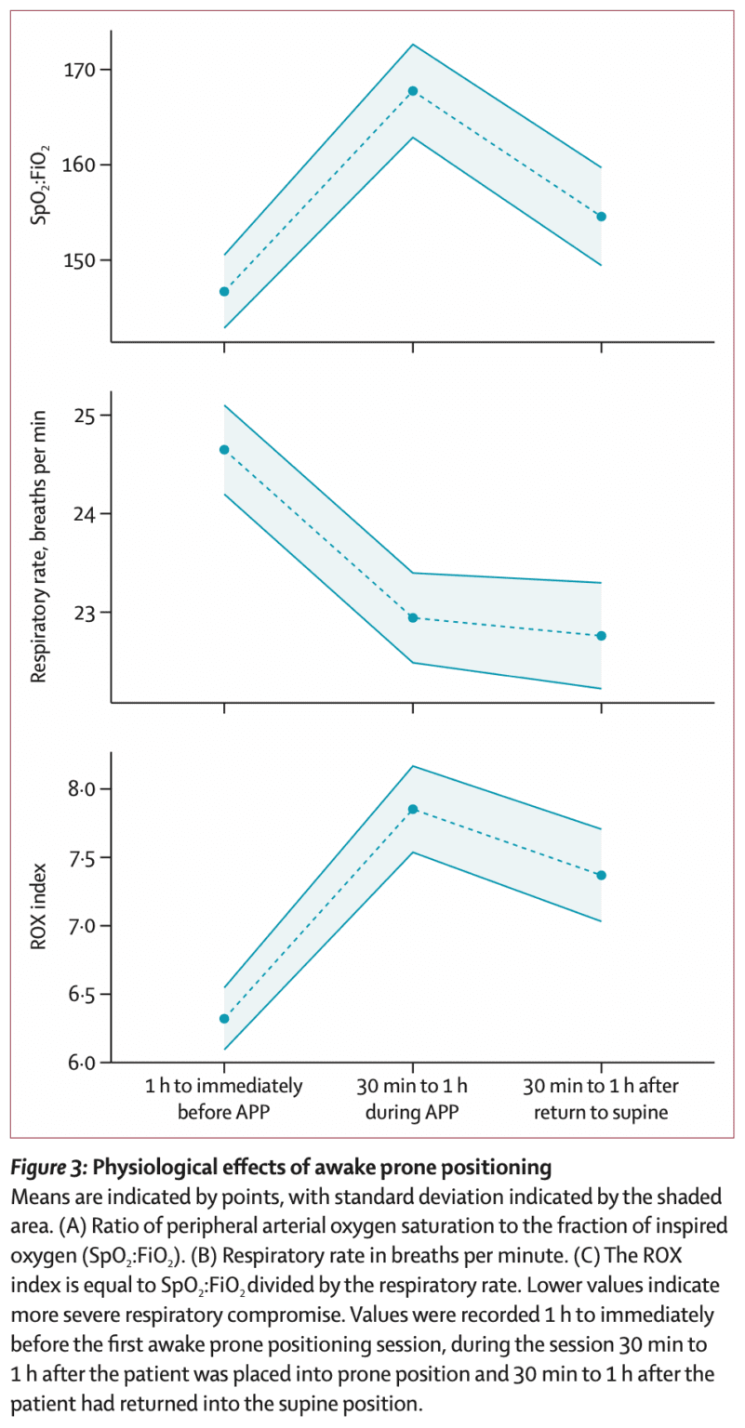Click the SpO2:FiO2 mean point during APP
pos(413,91)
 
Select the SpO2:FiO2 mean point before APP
pos(224,292)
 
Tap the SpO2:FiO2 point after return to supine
pos(601,217)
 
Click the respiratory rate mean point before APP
pos(224,450)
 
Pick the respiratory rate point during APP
pos(413,617)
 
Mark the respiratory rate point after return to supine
pos(601,636)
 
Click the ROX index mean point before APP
pos(224,1019)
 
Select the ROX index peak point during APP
pos(413,810)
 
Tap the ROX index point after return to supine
pos(601,875)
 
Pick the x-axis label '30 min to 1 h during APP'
pos(413,1098)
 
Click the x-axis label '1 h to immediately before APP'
pos(224,1098)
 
